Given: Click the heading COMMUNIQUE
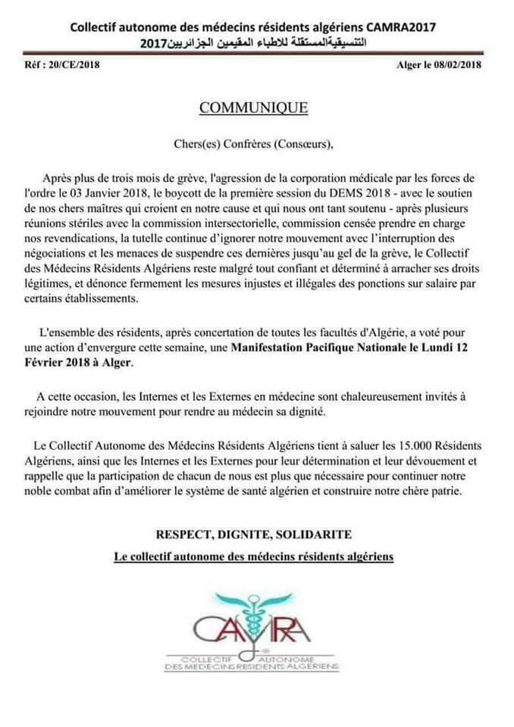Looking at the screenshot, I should pos(253,108).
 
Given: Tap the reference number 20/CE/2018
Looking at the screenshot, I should pos(69,64).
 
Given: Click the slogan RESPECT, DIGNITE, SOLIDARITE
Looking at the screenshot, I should pos(253,534).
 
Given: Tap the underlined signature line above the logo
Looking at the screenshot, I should pos(253,557).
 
